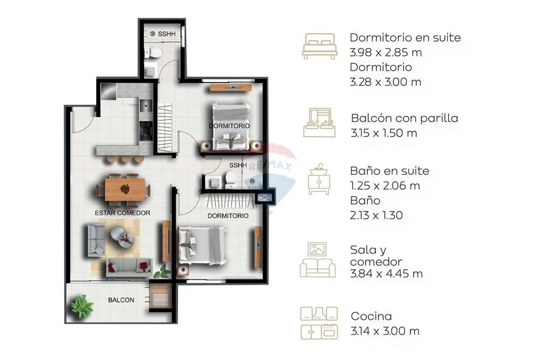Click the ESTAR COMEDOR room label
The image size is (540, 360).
pos(122,213)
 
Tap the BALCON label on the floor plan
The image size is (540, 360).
pos(121,300)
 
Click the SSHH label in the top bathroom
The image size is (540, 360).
pos(167,34)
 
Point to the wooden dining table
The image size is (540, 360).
pos(125,189)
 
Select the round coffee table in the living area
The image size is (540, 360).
pos(122,236)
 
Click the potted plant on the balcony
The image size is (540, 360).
pos(82,305)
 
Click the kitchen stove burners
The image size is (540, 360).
pos(146,131)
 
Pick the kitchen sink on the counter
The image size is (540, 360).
pos(145,105)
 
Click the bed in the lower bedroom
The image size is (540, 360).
pos(202,246)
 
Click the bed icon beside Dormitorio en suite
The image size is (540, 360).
pos(319,46)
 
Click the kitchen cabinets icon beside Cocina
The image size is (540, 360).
pos(319,323)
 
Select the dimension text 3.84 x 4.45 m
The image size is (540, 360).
pos(386,274)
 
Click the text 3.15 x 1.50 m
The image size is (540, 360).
pos(383,133)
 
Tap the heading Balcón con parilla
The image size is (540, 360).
pos(404,118)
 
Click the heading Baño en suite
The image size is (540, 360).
pos(389,171)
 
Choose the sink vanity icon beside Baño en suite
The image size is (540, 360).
pos(319,179)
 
